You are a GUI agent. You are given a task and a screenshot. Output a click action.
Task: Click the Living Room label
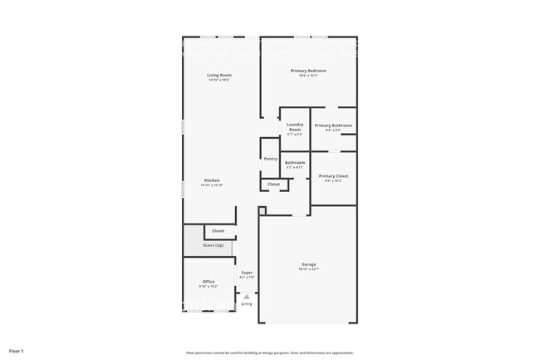coord(219,75)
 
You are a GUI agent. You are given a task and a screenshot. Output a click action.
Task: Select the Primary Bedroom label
coord(308,71)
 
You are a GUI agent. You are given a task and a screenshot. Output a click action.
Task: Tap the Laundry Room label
coord(295,128)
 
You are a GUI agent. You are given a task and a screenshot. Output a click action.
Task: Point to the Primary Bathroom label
coord(333,126)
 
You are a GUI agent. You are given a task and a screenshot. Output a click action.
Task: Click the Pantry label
coord(270,159)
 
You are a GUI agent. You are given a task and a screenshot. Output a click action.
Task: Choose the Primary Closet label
coord(333,176)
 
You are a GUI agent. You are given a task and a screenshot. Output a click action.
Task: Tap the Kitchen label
coord(213,180)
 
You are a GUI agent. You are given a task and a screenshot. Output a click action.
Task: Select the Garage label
coord(308,264)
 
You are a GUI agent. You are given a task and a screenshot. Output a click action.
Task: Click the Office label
coord(209,282)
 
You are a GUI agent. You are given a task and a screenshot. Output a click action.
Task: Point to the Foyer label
coord(247,273)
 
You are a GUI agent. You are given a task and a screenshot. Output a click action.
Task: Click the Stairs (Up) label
coord(213,245)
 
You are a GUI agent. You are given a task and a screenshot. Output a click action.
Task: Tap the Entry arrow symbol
coord(246,296)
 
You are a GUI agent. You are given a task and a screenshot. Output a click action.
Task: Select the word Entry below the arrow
coord(247,304)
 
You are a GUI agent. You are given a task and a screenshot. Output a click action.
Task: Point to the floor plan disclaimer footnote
coord(269,353)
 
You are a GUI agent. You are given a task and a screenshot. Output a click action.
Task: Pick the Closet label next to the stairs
coord(218,230)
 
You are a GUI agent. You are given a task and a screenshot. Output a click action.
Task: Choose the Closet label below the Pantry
coord(273,184)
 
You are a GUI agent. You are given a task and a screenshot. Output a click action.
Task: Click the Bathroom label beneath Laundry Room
coord(295,162)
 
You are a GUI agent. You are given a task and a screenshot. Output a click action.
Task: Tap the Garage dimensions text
coord(308,269)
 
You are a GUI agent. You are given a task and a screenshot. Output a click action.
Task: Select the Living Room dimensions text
coord(219,80)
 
